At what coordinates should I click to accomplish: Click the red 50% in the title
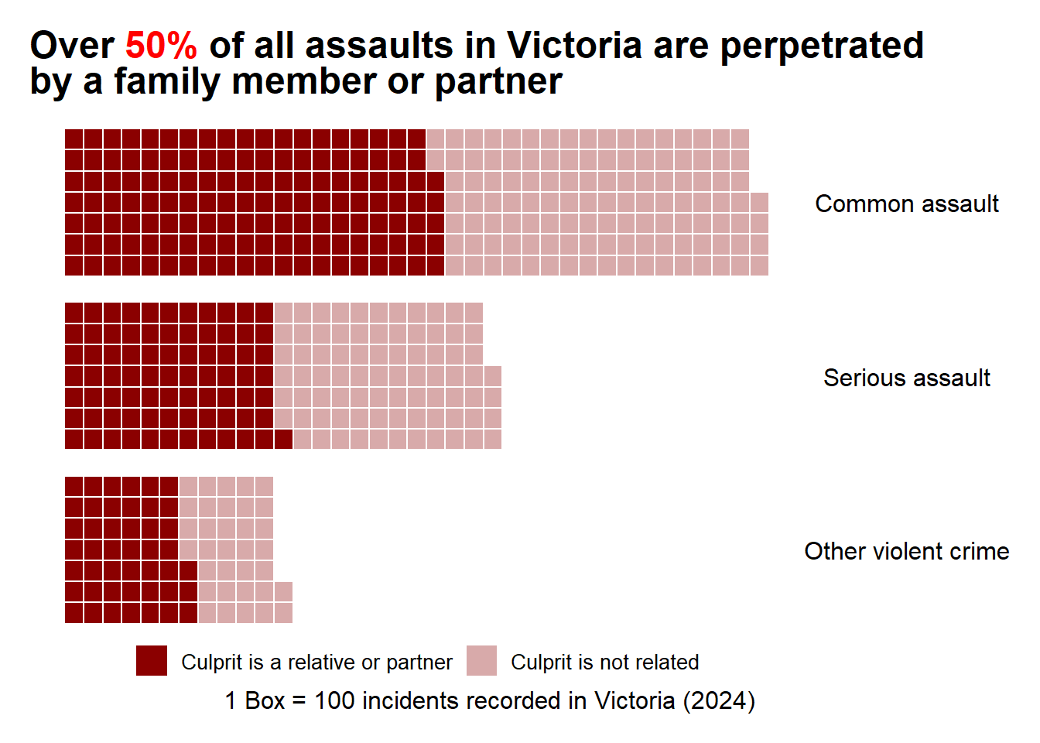point(161,46)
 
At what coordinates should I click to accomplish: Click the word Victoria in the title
point(574,46)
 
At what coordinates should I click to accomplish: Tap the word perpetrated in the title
point(822,47)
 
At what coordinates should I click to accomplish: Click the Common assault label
point(907,204)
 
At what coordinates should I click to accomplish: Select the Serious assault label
point(907,378)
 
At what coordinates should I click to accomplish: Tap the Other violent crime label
point(907,551)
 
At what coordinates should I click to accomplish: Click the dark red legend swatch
point(152,660)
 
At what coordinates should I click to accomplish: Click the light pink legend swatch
point(481,660)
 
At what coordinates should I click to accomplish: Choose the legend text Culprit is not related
point(604,663)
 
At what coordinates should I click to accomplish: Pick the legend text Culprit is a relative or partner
point(316,663)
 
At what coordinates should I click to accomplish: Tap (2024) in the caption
point(719,701)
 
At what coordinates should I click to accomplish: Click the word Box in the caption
point(264,700)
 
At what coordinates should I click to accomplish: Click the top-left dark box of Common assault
point(74,139)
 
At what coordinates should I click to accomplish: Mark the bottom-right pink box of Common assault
point(759,265)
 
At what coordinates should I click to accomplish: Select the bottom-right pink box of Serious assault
point(493,440)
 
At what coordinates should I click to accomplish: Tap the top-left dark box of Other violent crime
point(74,486)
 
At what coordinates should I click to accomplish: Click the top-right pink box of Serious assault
point(474,312)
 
